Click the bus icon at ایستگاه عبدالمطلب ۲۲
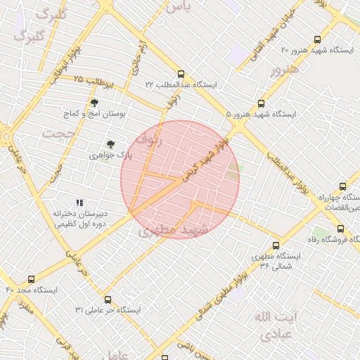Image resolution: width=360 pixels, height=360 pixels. point(181,73)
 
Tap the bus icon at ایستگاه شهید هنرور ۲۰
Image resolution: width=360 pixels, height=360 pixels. point(317,40)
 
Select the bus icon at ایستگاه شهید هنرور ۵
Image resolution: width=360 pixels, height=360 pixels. point(262,103)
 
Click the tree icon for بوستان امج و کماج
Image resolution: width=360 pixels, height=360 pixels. point(94,103)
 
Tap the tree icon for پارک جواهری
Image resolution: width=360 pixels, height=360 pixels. point(110,143)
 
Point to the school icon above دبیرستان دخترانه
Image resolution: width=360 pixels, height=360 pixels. point(79,202)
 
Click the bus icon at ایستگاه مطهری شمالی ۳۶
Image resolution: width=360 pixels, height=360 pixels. point(276,246)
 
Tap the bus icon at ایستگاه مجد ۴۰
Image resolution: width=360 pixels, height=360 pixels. point(30,279)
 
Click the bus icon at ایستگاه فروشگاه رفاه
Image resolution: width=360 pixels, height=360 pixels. point(341,229)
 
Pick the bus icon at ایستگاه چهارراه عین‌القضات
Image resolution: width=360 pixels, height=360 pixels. point(342,186)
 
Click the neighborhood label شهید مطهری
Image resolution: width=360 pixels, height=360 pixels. point(174,230)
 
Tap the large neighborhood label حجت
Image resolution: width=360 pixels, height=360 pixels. point(58,132)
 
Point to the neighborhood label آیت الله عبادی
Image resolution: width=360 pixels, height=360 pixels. point(276,326)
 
